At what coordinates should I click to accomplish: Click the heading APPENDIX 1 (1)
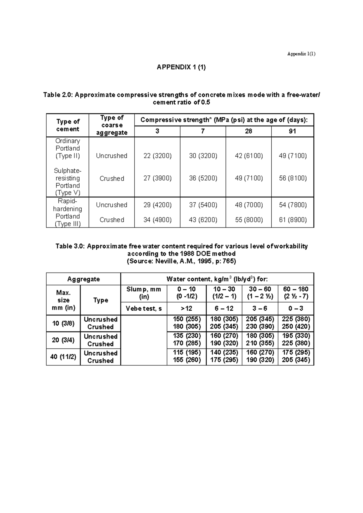pyautogui.click(x=181, y=67)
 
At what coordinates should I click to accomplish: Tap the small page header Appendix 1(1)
pyautogui.click(x=301, y=54)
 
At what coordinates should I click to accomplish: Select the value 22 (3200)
pyautogui.click(x=157, y=156)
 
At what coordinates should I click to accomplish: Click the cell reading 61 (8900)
pyautogui.click(x=293, y=220)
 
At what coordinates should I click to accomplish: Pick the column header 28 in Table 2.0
pyautogui.click(x=248, y=131)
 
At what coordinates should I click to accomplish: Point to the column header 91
pyautogui.click(x=292, y=131)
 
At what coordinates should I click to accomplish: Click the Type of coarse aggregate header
pyautogui.click(x=112, y=125)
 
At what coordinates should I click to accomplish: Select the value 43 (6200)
pyautogui.click(x=203, y=220)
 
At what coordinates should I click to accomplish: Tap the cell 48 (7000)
pyautogui.click(x=249, y=205)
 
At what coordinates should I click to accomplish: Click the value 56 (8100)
pyautogui.click(x=293, y=178)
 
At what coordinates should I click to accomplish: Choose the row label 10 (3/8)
pyautogui.click(x=63, y=323)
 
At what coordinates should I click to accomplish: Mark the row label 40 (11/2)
pyautogui.click(x=63, y=357)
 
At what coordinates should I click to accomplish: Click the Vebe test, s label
pyautogui.click(x=144, y=309)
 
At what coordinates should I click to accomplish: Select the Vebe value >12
pyautogui.click(x=186, y=309)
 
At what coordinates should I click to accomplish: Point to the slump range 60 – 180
pyautogui.click(x=296, y=289)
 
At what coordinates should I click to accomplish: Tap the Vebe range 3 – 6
pyautogui.click(x=260, y=309)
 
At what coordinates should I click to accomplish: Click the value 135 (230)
pyautogui.click(x=187, y=336)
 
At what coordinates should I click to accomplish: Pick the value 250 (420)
pyautogui.click(x=296, y=326)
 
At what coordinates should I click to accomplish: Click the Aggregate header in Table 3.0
pyautogui.click(x=83, y=279)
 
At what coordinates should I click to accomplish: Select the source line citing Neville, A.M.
pyautogui.click(x=181, y=261)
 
